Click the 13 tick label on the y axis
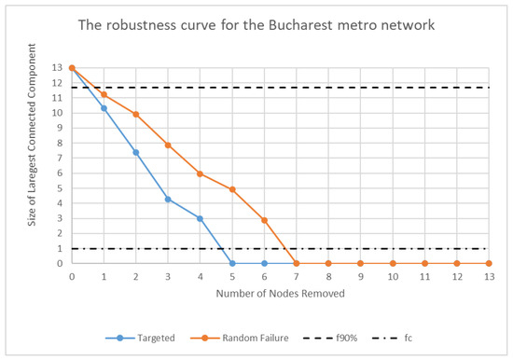[x=58, y=68]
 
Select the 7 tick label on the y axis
[x=60, y=159]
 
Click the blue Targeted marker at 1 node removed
[x=104, y=108]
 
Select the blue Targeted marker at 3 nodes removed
[x=168, y=199]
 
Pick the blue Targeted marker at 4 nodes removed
[x=200, y=218]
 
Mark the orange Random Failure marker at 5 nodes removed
[x=232, y=189]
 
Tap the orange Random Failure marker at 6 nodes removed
[x=264, y=220]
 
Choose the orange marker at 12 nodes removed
[x=457, y=263]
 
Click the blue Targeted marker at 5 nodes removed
[x=232, y=263]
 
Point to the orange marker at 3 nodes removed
[x=168, y=145]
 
